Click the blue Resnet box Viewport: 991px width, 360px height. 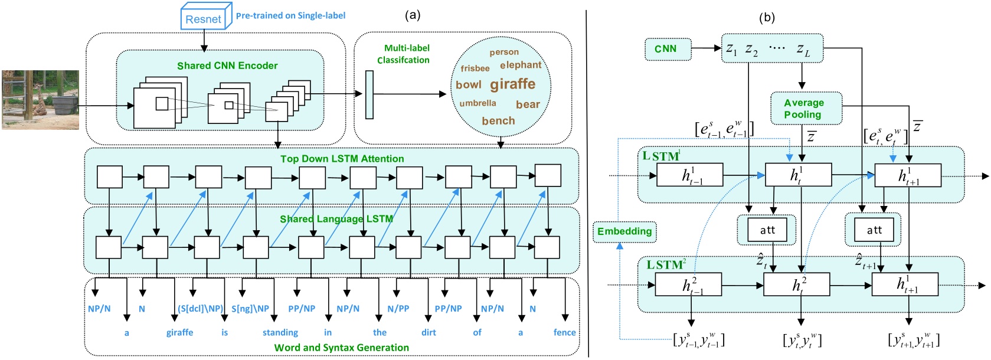(x=203, y=18)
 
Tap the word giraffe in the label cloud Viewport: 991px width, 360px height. (x=512, y=84)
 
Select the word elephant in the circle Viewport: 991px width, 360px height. (x=520, y=65)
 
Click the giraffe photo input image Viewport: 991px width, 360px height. (x=40, y=100)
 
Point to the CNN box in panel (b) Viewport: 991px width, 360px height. (x=665, y=49)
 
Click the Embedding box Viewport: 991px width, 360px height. (x=624, y=231)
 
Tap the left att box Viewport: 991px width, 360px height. (x=767, y=230)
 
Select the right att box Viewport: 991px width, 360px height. (x=874, y=230)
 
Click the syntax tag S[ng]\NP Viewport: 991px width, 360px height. (x=250, y=309)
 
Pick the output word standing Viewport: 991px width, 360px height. (x=280, y=333)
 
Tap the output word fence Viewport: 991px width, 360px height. (x=564, y=333)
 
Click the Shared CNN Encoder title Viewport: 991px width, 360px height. (x=227, y=66)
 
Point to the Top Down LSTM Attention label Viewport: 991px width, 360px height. (x=342, y=159)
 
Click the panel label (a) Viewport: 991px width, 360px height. (x=413, y=15)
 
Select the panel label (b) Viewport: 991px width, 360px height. (x=767, y=18)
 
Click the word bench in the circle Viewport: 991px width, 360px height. (x=498, y=121)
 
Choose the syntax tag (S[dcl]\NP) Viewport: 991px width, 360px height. (x=200, y=309)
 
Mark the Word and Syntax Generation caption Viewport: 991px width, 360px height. (x=341, y=348)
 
